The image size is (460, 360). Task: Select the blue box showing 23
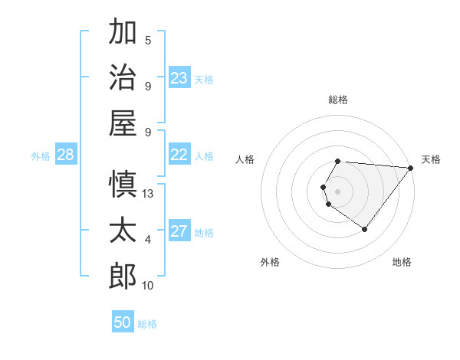pyautogui.click(x=179, y=78)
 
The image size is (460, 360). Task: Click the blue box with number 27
pyautogui.click(x=179, y=232)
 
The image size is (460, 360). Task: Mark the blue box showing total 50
pyautogui.click(x=123, y=322)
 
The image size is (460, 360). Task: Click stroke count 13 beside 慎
pyautogui.click(x=148, y=194)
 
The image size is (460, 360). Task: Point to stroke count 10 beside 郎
pyautogui.click(x=148, y=286)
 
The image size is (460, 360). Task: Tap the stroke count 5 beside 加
pyautogui.click(x=148, y=41)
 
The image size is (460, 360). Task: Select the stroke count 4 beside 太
pyautogui.click(x=148, y=240)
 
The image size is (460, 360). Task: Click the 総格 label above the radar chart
pyautogui.click(x=337, y=100)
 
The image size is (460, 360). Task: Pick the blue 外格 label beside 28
pyautogui.click(x=41, y=156)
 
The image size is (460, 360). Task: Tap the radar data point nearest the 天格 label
pyautogui.click(x=411, y=169)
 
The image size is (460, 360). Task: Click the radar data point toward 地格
pyautogui.click(x=364, y=229)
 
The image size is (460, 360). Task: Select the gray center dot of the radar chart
pyautogui.click(x=337, y=191)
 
